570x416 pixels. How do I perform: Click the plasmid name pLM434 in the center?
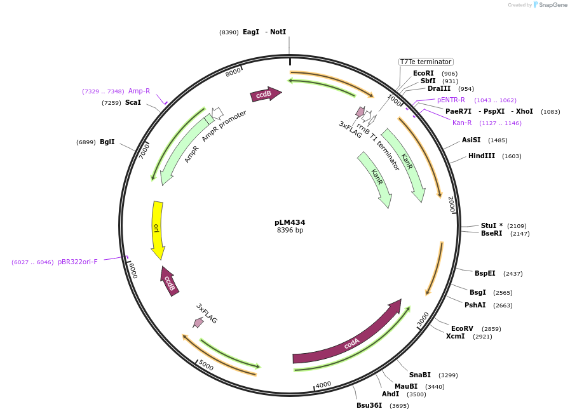[x=290, y=222]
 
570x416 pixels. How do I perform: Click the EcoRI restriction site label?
[x=423, y=73]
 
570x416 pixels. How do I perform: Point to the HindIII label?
[x=481, y=156]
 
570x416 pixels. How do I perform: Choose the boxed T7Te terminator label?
[x=426, y=62]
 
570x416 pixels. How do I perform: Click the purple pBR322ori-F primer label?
[x=78, y=262]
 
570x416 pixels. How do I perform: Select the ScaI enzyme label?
[x=133, y=102]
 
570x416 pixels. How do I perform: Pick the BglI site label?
[x=107, y=142]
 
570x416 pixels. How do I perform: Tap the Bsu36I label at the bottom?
[x=369, y=405]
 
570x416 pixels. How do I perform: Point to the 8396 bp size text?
[x=290, y=230]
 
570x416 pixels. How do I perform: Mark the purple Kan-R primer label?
[x=462, y=123]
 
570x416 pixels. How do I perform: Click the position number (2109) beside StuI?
[x=517, y=225]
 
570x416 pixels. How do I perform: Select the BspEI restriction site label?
[x=485, y=273]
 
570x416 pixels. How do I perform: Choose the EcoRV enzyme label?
[x=462, y=328]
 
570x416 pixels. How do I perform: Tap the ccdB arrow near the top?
[x=265, y=95]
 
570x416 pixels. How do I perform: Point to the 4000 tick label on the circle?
[x=323, y=385]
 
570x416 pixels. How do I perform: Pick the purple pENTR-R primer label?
[x=451, y=100]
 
